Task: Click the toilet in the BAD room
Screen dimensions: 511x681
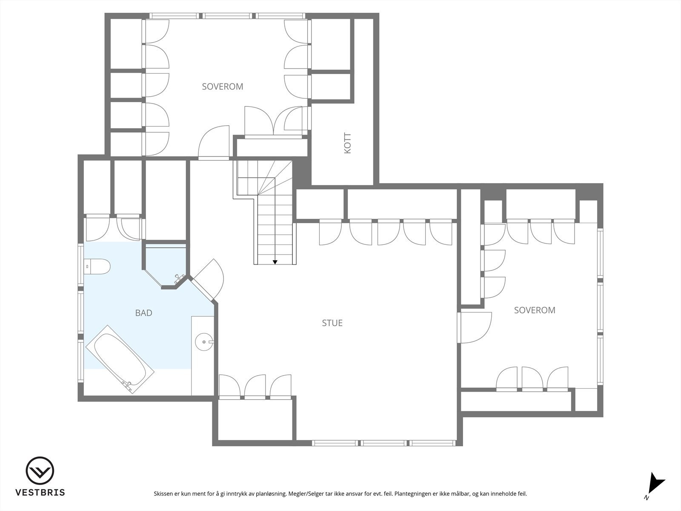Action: (97, 267)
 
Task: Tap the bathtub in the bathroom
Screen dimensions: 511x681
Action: (120, 359)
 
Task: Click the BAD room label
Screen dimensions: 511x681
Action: (143, 313)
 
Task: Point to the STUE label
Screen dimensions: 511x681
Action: (332, 323)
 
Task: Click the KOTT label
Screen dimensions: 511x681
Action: (348, 144)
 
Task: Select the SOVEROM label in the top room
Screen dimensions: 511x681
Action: (222, 86)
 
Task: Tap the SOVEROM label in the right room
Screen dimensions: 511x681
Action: (534, 310)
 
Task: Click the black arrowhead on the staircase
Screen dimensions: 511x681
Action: (275, 262)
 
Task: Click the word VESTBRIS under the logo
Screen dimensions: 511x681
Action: (40, 493)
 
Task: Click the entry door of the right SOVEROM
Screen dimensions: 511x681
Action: (475, 327)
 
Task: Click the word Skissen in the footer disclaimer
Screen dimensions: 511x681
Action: (164, 494)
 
